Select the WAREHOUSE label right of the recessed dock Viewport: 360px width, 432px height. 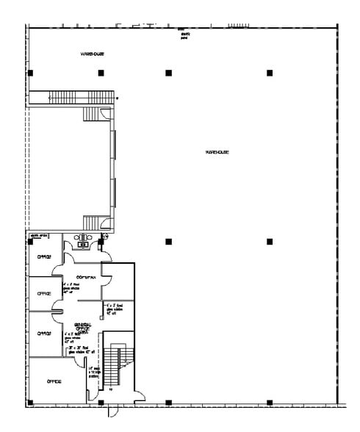pos(217,152)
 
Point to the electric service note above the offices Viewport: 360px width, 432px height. pos(38,236)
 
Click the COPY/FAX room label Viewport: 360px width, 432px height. pos(87,277)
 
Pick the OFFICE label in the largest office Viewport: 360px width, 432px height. pos(54,381)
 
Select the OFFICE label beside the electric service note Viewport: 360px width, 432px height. pos(44,256)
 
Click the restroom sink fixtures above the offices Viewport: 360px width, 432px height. pos(83,238)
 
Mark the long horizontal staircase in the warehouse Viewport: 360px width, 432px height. pos(82,97)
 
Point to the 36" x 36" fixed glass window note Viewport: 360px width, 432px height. pos(82,351)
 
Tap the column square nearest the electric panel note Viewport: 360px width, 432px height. pos(168,73)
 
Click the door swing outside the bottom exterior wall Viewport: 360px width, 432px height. pos(112,412)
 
